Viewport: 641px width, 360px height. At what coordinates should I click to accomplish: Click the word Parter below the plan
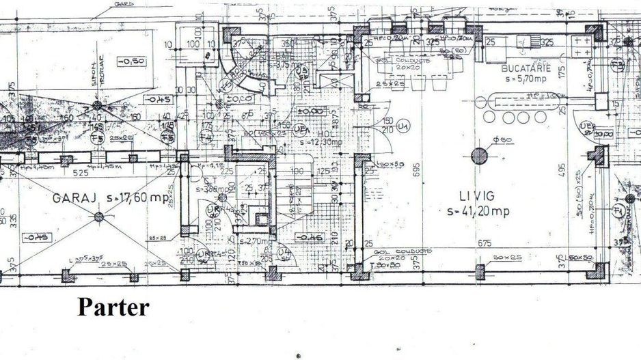click(x=113, y=307)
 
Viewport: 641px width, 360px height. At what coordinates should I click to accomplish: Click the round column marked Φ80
click(x=480, y=156)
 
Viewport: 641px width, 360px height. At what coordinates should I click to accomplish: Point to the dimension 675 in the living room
click(x=485, y=243)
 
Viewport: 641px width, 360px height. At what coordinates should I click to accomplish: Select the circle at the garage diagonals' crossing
click(x=99, y=217)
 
